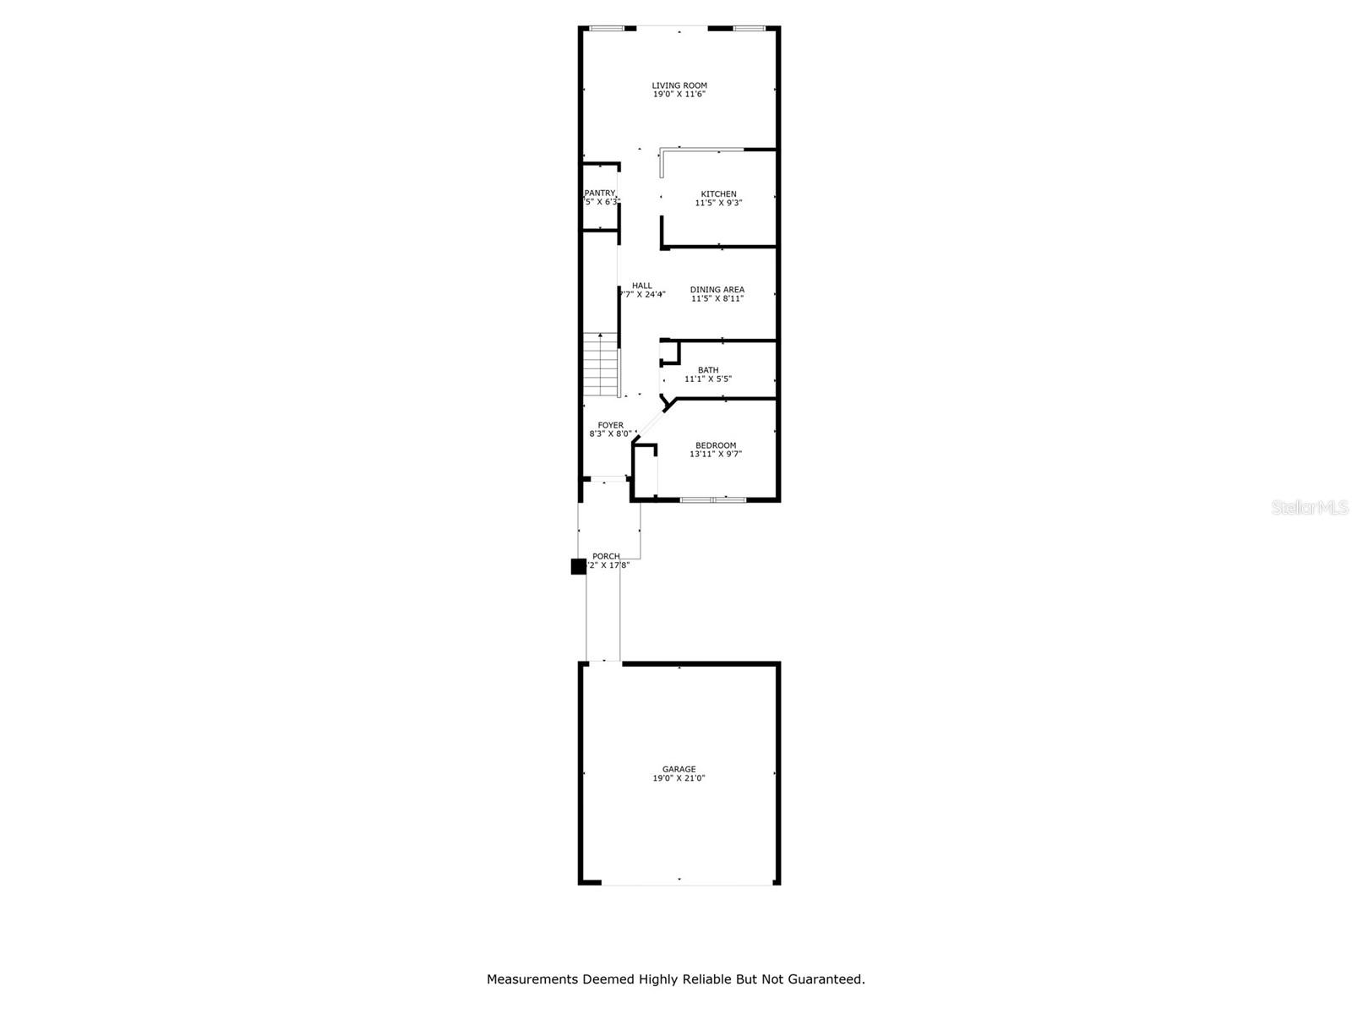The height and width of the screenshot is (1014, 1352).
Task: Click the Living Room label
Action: coord(679,85)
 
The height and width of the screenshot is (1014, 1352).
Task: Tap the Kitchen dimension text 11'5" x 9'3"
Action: coord(718,203)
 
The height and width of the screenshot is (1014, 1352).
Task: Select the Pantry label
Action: coord(600,194)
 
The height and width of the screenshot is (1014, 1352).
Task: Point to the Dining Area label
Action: coord(717,290)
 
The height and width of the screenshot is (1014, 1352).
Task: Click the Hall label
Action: coord(642,286)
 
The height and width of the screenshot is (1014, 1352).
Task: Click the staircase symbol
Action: coord(601,364)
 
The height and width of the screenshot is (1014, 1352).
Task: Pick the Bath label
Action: coord(708,370)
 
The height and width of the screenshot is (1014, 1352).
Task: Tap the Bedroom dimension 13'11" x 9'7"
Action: coord(716,455)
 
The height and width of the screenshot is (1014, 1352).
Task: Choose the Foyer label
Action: coord(610,426)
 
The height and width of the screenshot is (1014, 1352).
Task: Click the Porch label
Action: coord(606,556)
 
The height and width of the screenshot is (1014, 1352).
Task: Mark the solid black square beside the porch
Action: coord(579,567)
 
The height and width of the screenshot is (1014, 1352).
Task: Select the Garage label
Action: coord(679,769)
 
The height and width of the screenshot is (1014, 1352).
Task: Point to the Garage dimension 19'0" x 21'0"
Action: coord(679,778)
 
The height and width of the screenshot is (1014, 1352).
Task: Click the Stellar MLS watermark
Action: coord(1310,508)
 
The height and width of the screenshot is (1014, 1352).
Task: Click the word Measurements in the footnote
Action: coord(532,979)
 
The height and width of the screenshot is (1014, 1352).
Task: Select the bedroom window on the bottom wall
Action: coord(713,500)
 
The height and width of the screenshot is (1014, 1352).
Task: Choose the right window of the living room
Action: coord(748,29)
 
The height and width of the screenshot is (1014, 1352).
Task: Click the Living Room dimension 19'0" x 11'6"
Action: coord(679,95)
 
